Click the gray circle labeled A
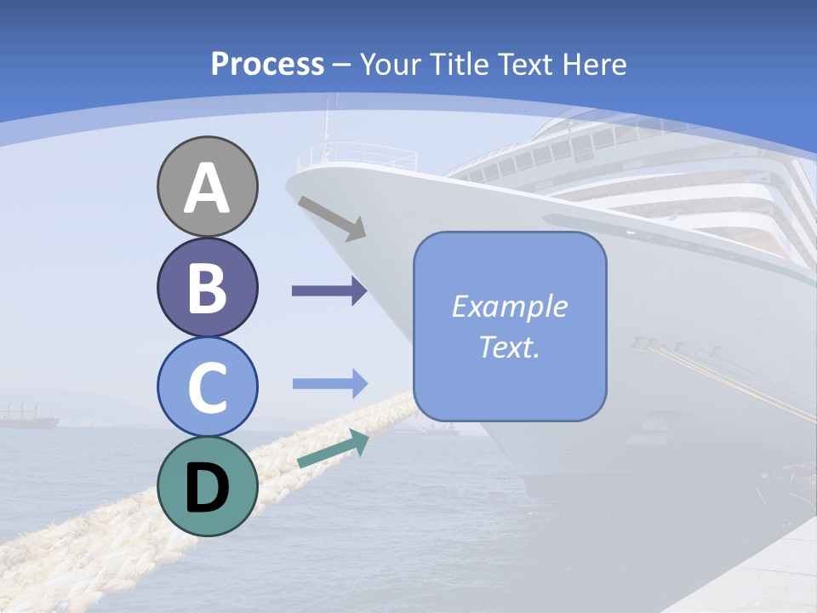pyautogui.click(x=207, y=186)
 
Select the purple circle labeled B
pyautogui.click(x=207, y=287)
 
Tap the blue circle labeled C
pyautogui.click(x=207, y=387)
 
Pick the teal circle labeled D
pyautogui.click(x=207, y=486)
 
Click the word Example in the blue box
pyautogui.click(x=509, y=306)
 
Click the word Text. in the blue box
pyautogui.click(x=509, y=347)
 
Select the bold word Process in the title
pyautogui.click(x=267, y=64)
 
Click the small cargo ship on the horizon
pyautogui.click(x=28, y=418)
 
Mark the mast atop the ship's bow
pyautogui.click(x=325, y=128)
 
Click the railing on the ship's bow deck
pyautogui.click(x=362, y=157)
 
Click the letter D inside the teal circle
pyautogui.click(x=207, y=488)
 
